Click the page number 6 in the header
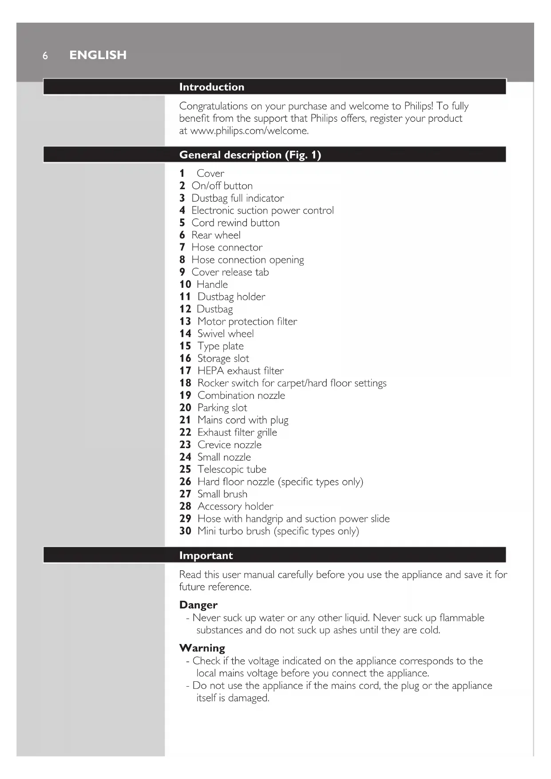click(x=45, y=56)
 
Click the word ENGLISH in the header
click(x=98, y=55)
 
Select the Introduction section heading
click(x=211, y=87)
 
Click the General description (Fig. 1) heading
click(x=250, y=155)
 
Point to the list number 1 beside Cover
click(x=182, y=174)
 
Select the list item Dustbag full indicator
click(x=238, y=198)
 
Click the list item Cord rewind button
click(x=235, y=223)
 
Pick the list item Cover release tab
click(x=230, y=272)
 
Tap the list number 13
click(x=185, y=322)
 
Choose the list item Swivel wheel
click(x=226, y=334)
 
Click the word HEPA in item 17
click(x=210, y=371)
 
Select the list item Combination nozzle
click(x=241, y=396)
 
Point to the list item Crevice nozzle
click(x=230, y=445)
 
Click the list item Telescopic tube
click(x=232, y=469)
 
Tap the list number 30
click(x=185, y=531)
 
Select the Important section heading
click(x=206, y=556)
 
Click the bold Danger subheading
click(x=198, y=605)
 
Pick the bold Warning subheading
click(x=202, y=648)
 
